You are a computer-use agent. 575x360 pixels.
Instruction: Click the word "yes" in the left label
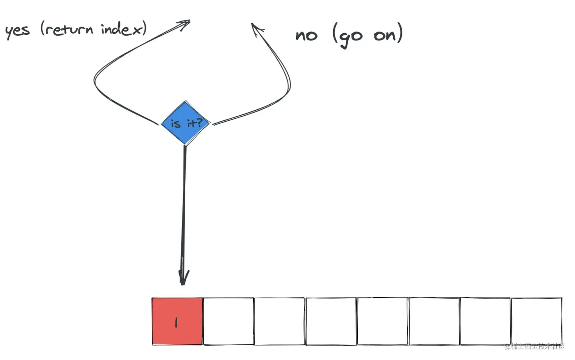coord(17,30)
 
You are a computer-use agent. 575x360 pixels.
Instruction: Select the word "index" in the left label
coord(121,29)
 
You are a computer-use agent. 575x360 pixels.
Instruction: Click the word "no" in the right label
coord(307,35)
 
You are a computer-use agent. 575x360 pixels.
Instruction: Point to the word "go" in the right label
coord(350,37)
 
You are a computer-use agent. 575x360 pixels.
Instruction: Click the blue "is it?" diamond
coord(186,123)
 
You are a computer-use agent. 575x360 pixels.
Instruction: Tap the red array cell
coord(177,321)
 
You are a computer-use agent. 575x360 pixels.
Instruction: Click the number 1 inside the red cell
coord(176,323)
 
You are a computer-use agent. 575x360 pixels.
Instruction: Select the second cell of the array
coord(229,321)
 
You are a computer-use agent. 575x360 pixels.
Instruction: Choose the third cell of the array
coord(280,321)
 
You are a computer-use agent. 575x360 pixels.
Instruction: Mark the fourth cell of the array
coord(331,321)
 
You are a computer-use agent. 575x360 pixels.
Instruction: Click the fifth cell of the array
coord(383,321)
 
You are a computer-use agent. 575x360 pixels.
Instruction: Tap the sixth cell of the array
coord(434,321)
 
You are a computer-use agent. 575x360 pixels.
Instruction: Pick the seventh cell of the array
coord(485,321)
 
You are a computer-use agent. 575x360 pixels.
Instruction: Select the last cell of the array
coord(537,321)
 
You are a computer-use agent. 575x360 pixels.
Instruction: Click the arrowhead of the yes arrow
coord(186,23)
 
